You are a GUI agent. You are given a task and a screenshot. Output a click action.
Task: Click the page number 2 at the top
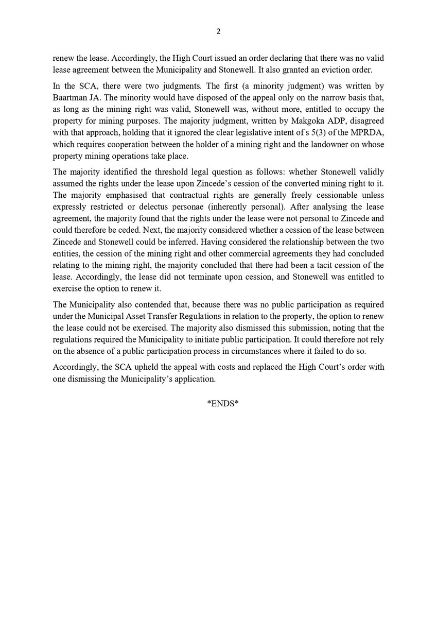pyautogui.click(x=218, y=31)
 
